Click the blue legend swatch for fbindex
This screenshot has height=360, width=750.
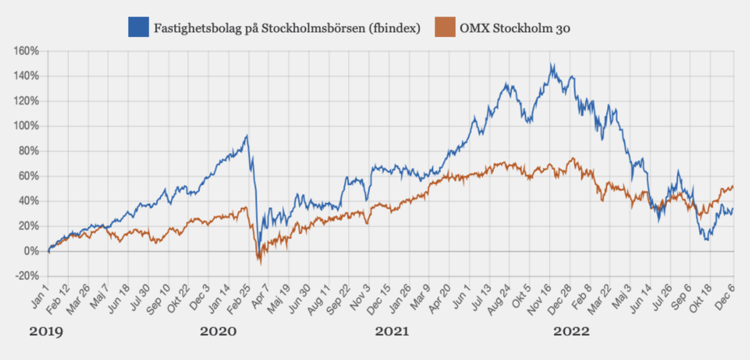(x=138, y=27)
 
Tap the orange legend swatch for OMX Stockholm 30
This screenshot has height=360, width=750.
(x=445, y=27)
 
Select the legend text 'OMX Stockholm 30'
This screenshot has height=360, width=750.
(x=515, y=28)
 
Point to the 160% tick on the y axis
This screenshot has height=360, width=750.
(x=26, y=51)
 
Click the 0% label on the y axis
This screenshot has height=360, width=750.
(x=31, y=251)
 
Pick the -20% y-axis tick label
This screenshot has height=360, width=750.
(x=27, y=276)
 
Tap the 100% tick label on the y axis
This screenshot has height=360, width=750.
(x=26, y=126)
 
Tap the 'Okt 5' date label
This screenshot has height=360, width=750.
(x=521, y=296)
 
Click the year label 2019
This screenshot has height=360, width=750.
(x=46, y=332)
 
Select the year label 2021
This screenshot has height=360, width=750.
(x=392, y=332)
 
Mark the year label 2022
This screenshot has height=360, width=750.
(x=571, y=332)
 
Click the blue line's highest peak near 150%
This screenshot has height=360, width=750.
(x=552, y=65)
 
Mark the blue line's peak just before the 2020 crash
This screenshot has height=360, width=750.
(x=247, y=135)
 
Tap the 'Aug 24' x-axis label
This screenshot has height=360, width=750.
(x=499, y=300)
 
